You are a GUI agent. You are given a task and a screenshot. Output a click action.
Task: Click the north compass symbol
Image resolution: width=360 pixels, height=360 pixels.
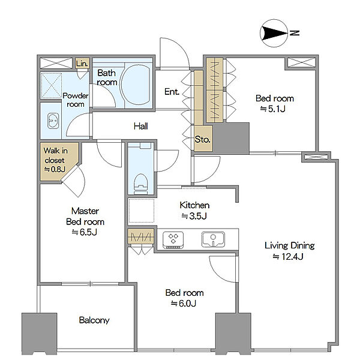[274, 33]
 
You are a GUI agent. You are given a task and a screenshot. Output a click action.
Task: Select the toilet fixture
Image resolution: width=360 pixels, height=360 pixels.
[140, 184]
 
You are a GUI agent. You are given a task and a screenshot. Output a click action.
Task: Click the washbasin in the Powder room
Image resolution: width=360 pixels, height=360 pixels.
[53, 121]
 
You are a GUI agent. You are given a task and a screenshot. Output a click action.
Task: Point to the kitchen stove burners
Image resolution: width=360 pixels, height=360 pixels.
[173, 240]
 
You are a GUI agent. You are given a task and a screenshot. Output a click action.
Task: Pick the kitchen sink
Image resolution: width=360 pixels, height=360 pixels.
[213, 239]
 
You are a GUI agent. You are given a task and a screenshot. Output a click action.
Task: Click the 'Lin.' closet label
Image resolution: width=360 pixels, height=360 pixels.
[82, 64]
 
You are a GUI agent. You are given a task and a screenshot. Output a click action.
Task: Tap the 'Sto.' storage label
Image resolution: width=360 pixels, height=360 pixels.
[203, 139]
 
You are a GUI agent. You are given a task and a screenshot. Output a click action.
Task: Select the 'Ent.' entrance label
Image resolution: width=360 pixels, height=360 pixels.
[172, 92]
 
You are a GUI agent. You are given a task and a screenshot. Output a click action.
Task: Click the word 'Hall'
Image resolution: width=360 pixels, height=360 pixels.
[141, 126]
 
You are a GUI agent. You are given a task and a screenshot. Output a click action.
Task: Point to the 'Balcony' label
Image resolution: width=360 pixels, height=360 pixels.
[94, 320]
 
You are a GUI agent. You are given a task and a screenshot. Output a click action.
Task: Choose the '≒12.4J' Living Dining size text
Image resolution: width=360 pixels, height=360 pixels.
[288, 256]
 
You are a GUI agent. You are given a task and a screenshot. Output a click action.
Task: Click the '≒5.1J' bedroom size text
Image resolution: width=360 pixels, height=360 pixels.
[273, 109]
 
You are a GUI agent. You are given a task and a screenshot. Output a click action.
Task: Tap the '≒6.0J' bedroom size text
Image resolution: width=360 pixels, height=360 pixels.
[184, 304]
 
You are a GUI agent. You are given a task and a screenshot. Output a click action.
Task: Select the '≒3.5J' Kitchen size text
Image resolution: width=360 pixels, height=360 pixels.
[194, 216]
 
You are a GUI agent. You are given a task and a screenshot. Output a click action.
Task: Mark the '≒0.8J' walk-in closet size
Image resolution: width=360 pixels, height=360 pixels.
[55, 169]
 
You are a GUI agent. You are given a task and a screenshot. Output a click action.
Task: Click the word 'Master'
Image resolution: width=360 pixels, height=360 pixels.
[85, 211]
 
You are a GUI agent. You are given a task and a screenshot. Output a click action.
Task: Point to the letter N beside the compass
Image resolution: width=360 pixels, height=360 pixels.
[295, 33]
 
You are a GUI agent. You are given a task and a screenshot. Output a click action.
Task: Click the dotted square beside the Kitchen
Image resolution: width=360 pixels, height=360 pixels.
[141, 211]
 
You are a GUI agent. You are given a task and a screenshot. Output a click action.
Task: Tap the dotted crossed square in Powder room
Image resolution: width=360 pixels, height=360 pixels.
[51, 86]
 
